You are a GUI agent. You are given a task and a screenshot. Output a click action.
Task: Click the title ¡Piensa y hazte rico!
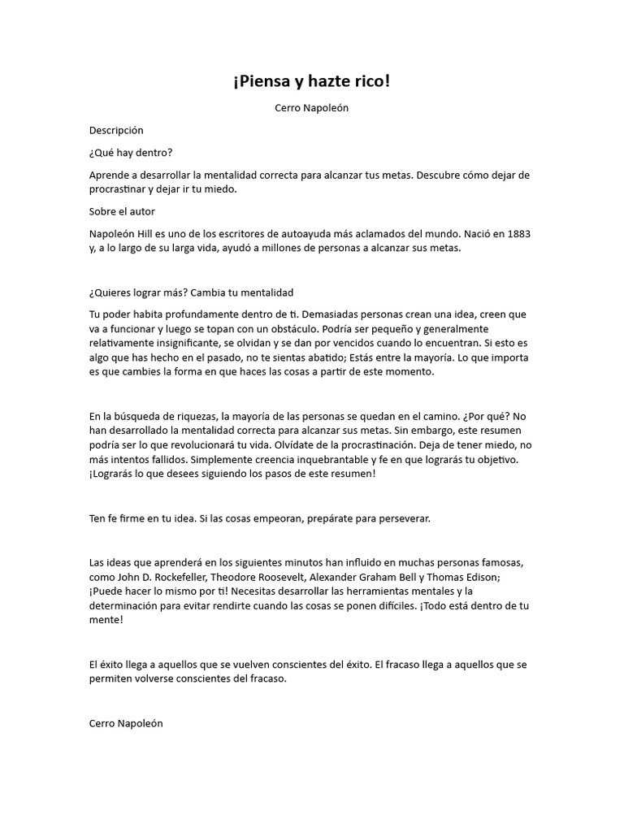pyautogui.click(x=311, y=82)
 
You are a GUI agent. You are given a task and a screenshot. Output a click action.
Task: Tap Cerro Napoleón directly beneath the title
pyautogui.click(x=311, y=107)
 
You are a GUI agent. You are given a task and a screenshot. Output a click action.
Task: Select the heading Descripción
pyautogui.click(x=116, y=130)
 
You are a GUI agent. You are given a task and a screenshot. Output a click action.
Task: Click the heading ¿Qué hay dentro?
pyautogui.click(x=131, y=153)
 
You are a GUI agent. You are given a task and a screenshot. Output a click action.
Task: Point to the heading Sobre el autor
pyautogui.click(x=123, y=211)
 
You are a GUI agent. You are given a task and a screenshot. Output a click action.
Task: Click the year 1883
pyautogui.click(x=518, y=235)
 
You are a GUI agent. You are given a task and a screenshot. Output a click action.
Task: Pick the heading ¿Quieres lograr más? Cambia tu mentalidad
pyautogui.click(x=191, y=292)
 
